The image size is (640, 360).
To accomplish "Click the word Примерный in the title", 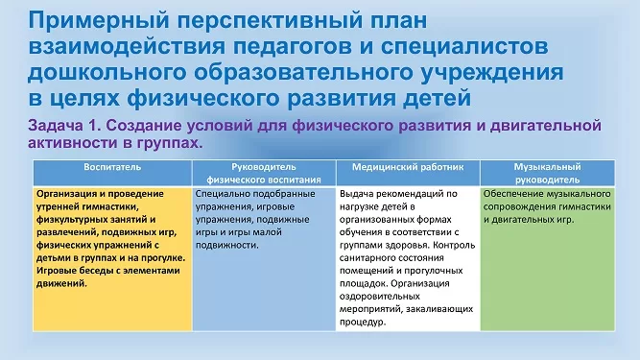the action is pos(99,21).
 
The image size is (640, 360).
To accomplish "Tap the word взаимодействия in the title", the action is pos(127,46).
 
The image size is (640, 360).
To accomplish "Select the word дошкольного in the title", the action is pos(107,73).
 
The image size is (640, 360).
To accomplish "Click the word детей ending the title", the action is pos(437,98).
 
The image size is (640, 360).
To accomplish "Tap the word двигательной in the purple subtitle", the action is pos(545,126).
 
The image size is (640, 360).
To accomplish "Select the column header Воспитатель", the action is pos(112,167).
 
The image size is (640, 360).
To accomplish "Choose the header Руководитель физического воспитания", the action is pos(264,173).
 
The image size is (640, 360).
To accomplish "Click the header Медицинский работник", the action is pos(408,167).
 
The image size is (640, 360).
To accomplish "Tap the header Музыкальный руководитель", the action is pos(547,173).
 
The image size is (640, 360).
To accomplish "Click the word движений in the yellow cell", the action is pos(61,283).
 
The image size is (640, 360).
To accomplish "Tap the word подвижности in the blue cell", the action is pos(227,246).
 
